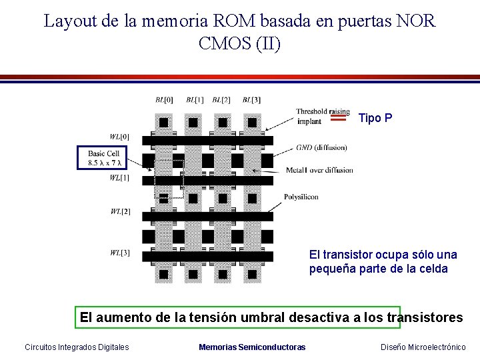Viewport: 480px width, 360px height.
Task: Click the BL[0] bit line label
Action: [164, 100]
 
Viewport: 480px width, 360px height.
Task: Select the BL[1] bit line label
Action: [195, 100]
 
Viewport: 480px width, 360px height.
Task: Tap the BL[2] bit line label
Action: [221, 100]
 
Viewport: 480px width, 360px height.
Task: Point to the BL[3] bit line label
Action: [251, 100]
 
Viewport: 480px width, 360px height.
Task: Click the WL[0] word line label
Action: [120, 137]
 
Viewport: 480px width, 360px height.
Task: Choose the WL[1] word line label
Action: [120, 178]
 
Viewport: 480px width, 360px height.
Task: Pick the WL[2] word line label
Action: [120, 212]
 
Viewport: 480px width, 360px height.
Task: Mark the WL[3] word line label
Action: [120, 253]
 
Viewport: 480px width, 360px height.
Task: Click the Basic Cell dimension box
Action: [102, 158]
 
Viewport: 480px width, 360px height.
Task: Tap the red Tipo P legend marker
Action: [339, 118]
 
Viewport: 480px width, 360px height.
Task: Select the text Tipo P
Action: [375, 118]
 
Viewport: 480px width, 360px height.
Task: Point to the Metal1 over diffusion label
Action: [319, 170]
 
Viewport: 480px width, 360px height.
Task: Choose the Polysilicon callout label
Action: [301, 197]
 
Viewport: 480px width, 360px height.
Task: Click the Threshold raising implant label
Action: [321, 116]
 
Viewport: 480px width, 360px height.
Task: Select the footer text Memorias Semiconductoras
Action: [252, 347]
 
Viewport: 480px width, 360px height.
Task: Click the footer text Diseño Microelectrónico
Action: [423, 347]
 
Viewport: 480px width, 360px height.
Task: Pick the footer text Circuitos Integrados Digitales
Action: [77, 347]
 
